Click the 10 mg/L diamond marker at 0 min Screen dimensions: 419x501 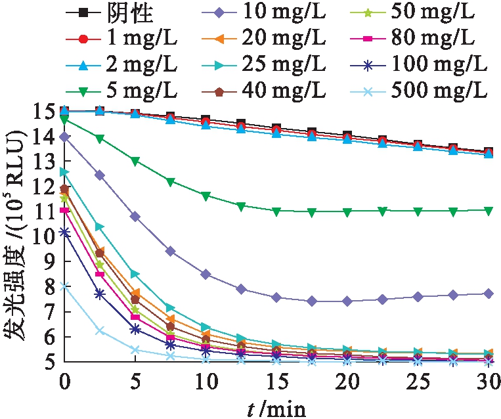(x=64, y=137)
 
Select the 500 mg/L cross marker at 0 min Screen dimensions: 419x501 (x=64, y=286)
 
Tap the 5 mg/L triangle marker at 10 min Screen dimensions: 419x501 (x=206, y=196)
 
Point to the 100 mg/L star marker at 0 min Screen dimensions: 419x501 (x=64, y=232)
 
